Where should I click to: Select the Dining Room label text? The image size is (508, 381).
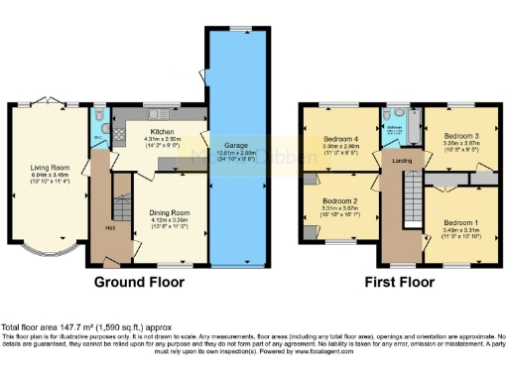[x=169, y=212]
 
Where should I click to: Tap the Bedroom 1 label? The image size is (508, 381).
[x=459, y=222]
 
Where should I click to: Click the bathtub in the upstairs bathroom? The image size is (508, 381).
[x=414, y=126]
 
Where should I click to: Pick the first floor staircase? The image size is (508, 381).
[x=408, y=198]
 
